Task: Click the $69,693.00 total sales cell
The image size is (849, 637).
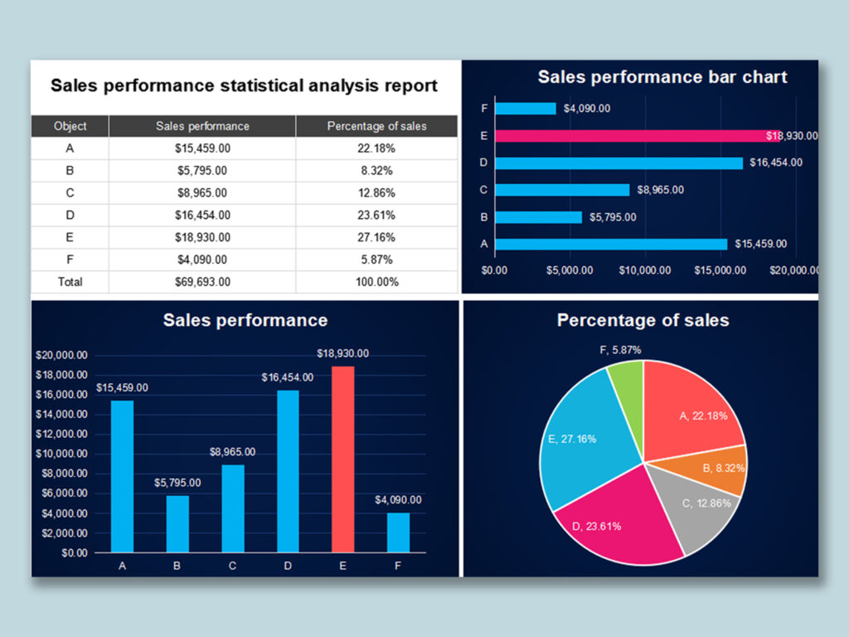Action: click(202, 282)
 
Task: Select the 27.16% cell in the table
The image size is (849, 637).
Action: click(376, 237)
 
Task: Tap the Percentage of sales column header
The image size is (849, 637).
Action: click(376, 126)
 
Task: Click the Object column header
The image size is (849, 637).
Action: click(70, 126)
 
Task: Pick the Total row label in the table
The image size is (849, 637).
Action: click(70, 282)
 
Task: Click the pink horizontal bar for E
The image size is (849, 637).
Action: click(630, 135)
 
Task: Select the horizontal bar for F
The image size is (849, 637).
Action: click(525, 109)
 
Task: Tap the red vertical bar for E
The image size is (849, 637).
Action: click(342, 459)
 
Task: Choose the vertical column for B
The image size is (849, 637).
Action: click(177, 523)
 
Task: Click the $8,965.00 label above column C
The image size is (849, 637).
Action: click(232, 452)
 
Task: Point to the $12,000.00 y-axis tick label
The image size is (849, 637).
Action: click(62, 434)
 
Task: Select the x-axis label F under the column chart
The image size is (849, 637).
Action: click(398, 566)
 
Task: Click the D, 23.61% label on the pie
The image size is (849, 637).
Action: click(598, 526)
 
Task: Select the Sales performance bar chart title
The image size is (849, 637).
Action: click(662, 77)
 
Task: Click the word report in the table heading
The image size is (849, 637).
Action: click(410, 85)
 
